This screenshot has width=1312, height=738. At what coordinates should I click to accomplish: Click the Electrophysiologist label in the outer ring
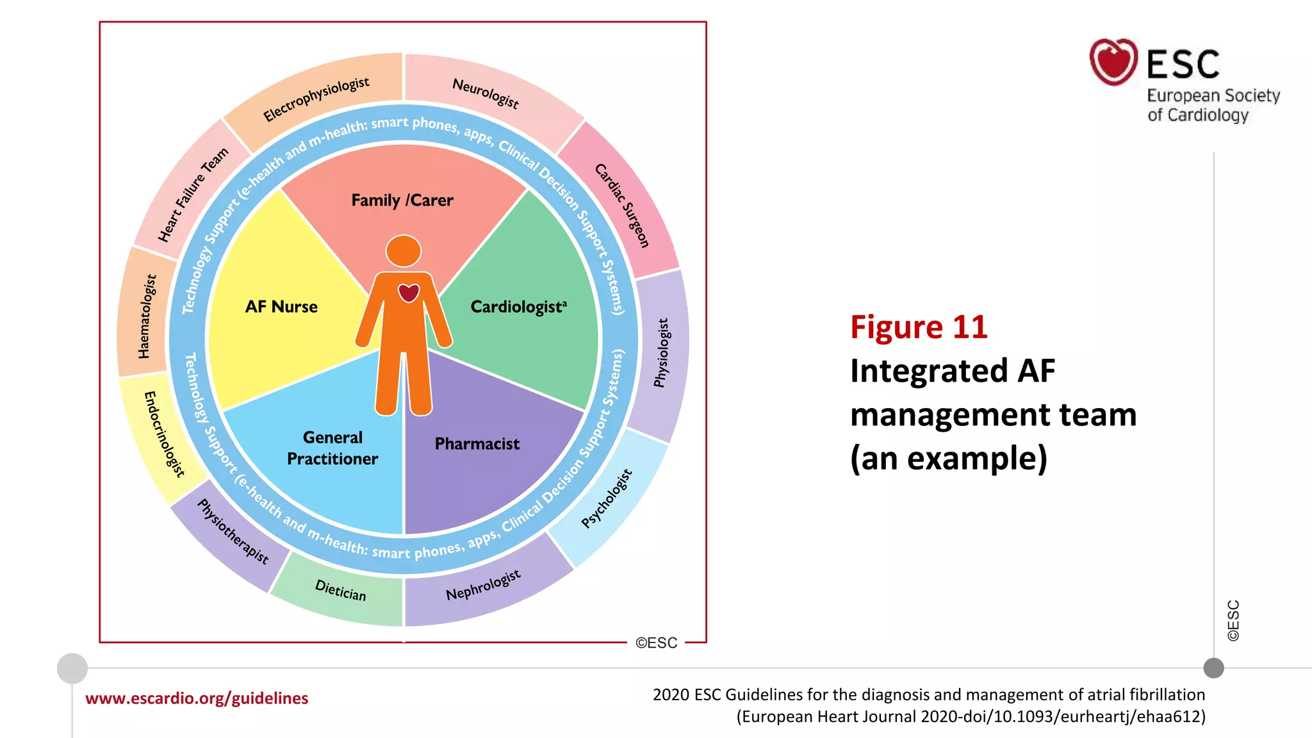pyautogui.click(x=316, y=99)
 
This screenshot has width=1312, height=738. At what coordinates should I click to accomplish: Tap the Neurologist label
pyautogui.click(x=486, y=93)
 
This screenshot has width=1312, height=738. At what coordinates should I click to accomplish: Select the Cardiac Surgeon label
pyautogui.click(x=622, y=205)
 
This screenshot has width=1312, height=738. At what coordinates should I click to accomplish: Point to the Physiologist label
pyautogui.click(x=662, y=353)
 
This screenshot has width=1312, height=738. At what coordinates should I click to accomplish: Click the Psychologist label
pyautogui.click(x=607, y=499)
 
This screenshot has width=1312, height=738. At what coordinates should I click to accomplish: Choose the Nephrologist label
pyautogui.click(x=483, y=585)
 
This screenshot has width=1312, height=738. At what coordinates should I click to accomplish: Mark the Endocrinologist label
pyautogui.click(x=165, y=434)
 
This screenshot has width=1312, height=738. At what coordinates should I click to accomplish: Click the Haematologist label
pyautogui.click(x=147, y=316)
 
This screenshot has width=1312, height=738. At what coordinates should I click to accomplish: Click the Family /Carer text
pyautogui.click(x=402, y=201)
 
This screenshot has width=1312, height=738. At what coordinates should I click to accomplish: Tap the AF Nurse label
pyautogui.click(x=281, y=307)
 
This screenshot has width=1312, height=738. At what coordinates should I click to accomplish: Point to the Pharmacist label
pyautogui.click(x=477, y=444)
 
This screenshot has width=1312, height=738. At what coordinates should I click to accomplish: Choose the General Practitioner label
pyautogui.click(x=332, y=448)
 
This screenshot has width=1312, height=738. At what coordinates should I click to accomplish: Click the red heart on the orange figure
pyautogui.click(x=409, y=293)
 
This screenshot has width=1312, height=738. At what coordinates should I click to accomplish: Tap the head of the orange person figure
pyautogui.click(x=404, y=250)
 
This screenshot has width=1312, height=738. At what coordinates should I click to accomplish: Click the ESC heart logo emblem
pyautogui.click(x=1113, y=62)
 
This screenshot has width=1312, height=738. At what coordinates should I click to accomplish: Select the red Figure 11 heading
pyautogui.click(x=919, y=327)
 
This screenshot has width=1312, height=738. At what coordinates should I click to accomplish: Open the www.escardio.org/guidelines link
pyautogui.click(x=197, y=698)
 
